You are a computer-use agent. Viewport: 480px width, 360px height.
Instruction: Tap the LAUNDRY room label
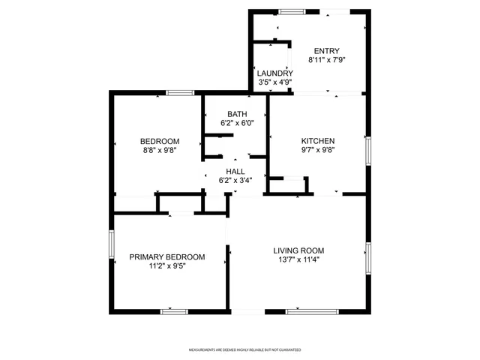pyautogui.click(x=270, y=73)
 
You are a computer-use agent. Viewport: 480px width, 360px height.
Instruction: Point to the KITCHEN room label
pyautogui.click(x=318, y=141)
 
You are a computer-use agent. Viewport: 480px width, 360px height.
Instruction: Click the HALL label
pyautogui.click(x=235, y=171)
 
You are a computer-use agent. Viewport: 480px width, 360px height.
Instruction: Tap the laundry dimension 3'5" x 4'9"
pyautogui.click(x=270, y=82)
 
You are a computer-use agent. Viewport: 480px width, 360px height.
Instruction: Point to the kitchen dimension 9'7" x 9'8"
pyautogui.click(x=318, y=150)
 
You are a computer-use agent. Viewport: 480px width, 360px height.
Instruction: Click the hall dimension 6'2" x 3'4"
pyautogui.click(x=235, y=180)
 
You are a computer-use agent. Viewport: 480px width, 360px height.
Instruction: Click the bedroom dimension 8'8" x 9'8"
pyautogui.click(x=160, y=150)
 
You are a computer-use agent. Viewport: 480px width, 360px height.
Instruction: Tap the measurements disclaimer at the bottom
pyautogui.click(x=244, y=349)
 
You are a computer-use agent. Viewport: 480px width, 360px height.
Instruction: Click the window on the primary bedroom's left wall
pyautogui.click(x=112, y=244)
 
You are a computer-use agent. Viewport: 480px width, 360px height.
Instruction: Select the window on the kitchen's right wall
pyautogui.click(x=367, y=149)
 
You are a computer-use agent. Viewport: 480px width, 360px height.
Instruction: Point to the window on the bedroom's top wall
pyautogui.click(x=179, y=92)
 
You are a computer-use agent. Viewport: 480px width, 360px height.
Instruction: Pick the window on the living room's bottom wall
pyautogui.click(x=303, y=310)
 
